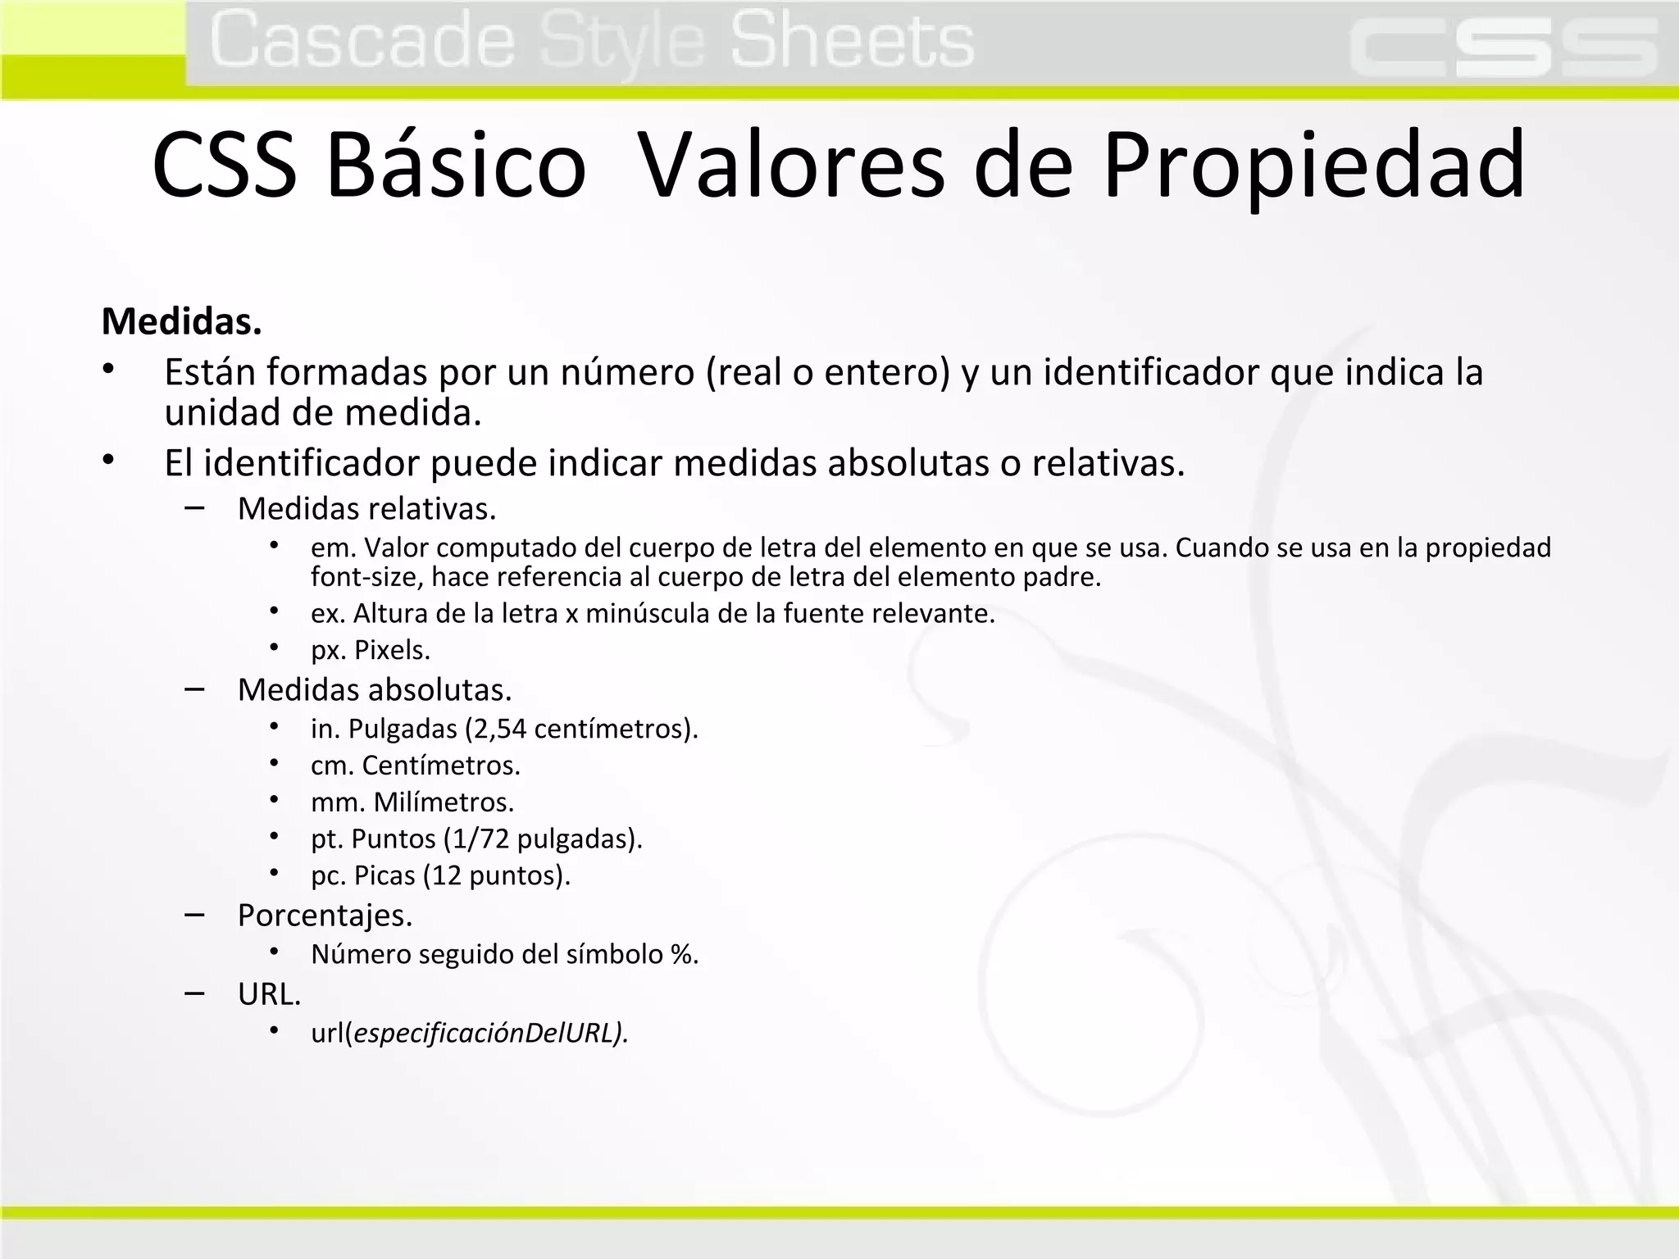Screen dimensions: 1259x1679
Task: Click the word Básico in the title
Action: coord(456,166)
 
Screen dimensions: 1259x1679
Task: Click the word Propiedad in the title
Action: coord(1313,166)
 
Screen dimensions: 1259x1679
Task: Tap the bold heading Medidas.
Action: coord(181,321)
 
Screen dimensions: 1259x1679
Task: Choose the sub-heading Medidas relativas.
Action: coord(366,509)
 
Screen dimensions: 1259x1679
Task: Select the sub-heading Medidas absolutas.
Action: coord(374,690)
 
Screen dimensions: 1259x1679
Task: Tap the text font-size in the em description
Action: coord(366,577)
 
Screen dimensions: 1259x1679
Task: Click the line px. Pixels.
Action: coord(371,650)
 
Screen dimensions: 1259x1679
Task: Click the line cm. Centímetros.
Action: coord(416,766)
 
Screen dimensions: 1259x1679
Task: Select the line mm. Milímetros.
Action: coord(412,802)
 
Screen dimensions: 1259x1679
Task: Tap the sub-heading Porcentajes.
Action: coord(325,916)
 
